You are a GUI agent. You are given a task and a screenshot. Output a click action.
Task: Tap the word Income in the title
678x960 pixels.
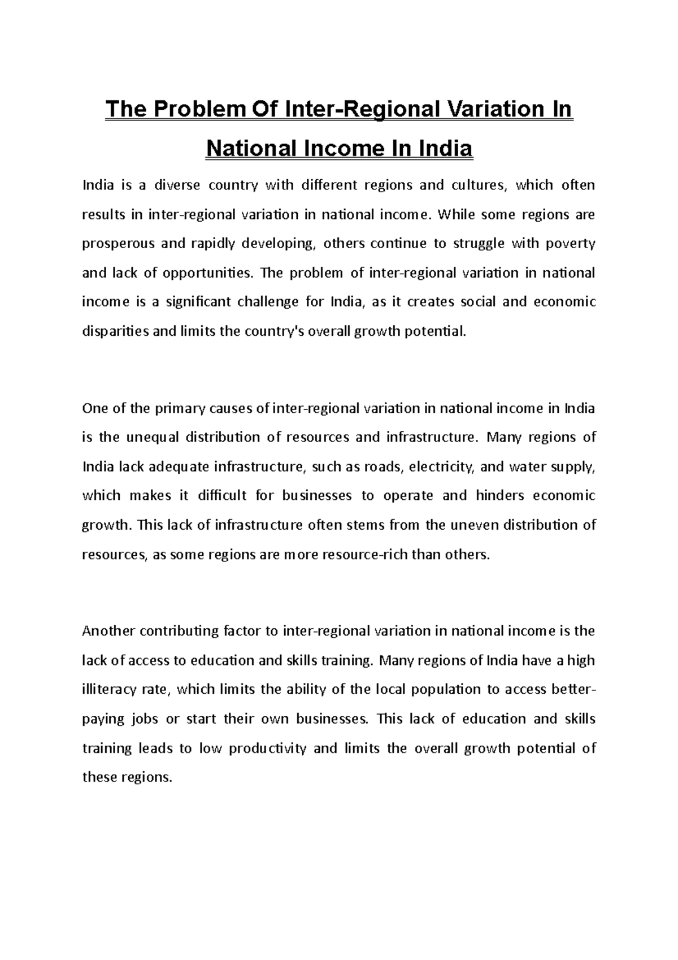[341, 149]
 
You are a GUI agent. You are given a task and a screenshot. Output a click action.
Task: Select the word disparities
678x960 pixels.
[116, 332]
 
